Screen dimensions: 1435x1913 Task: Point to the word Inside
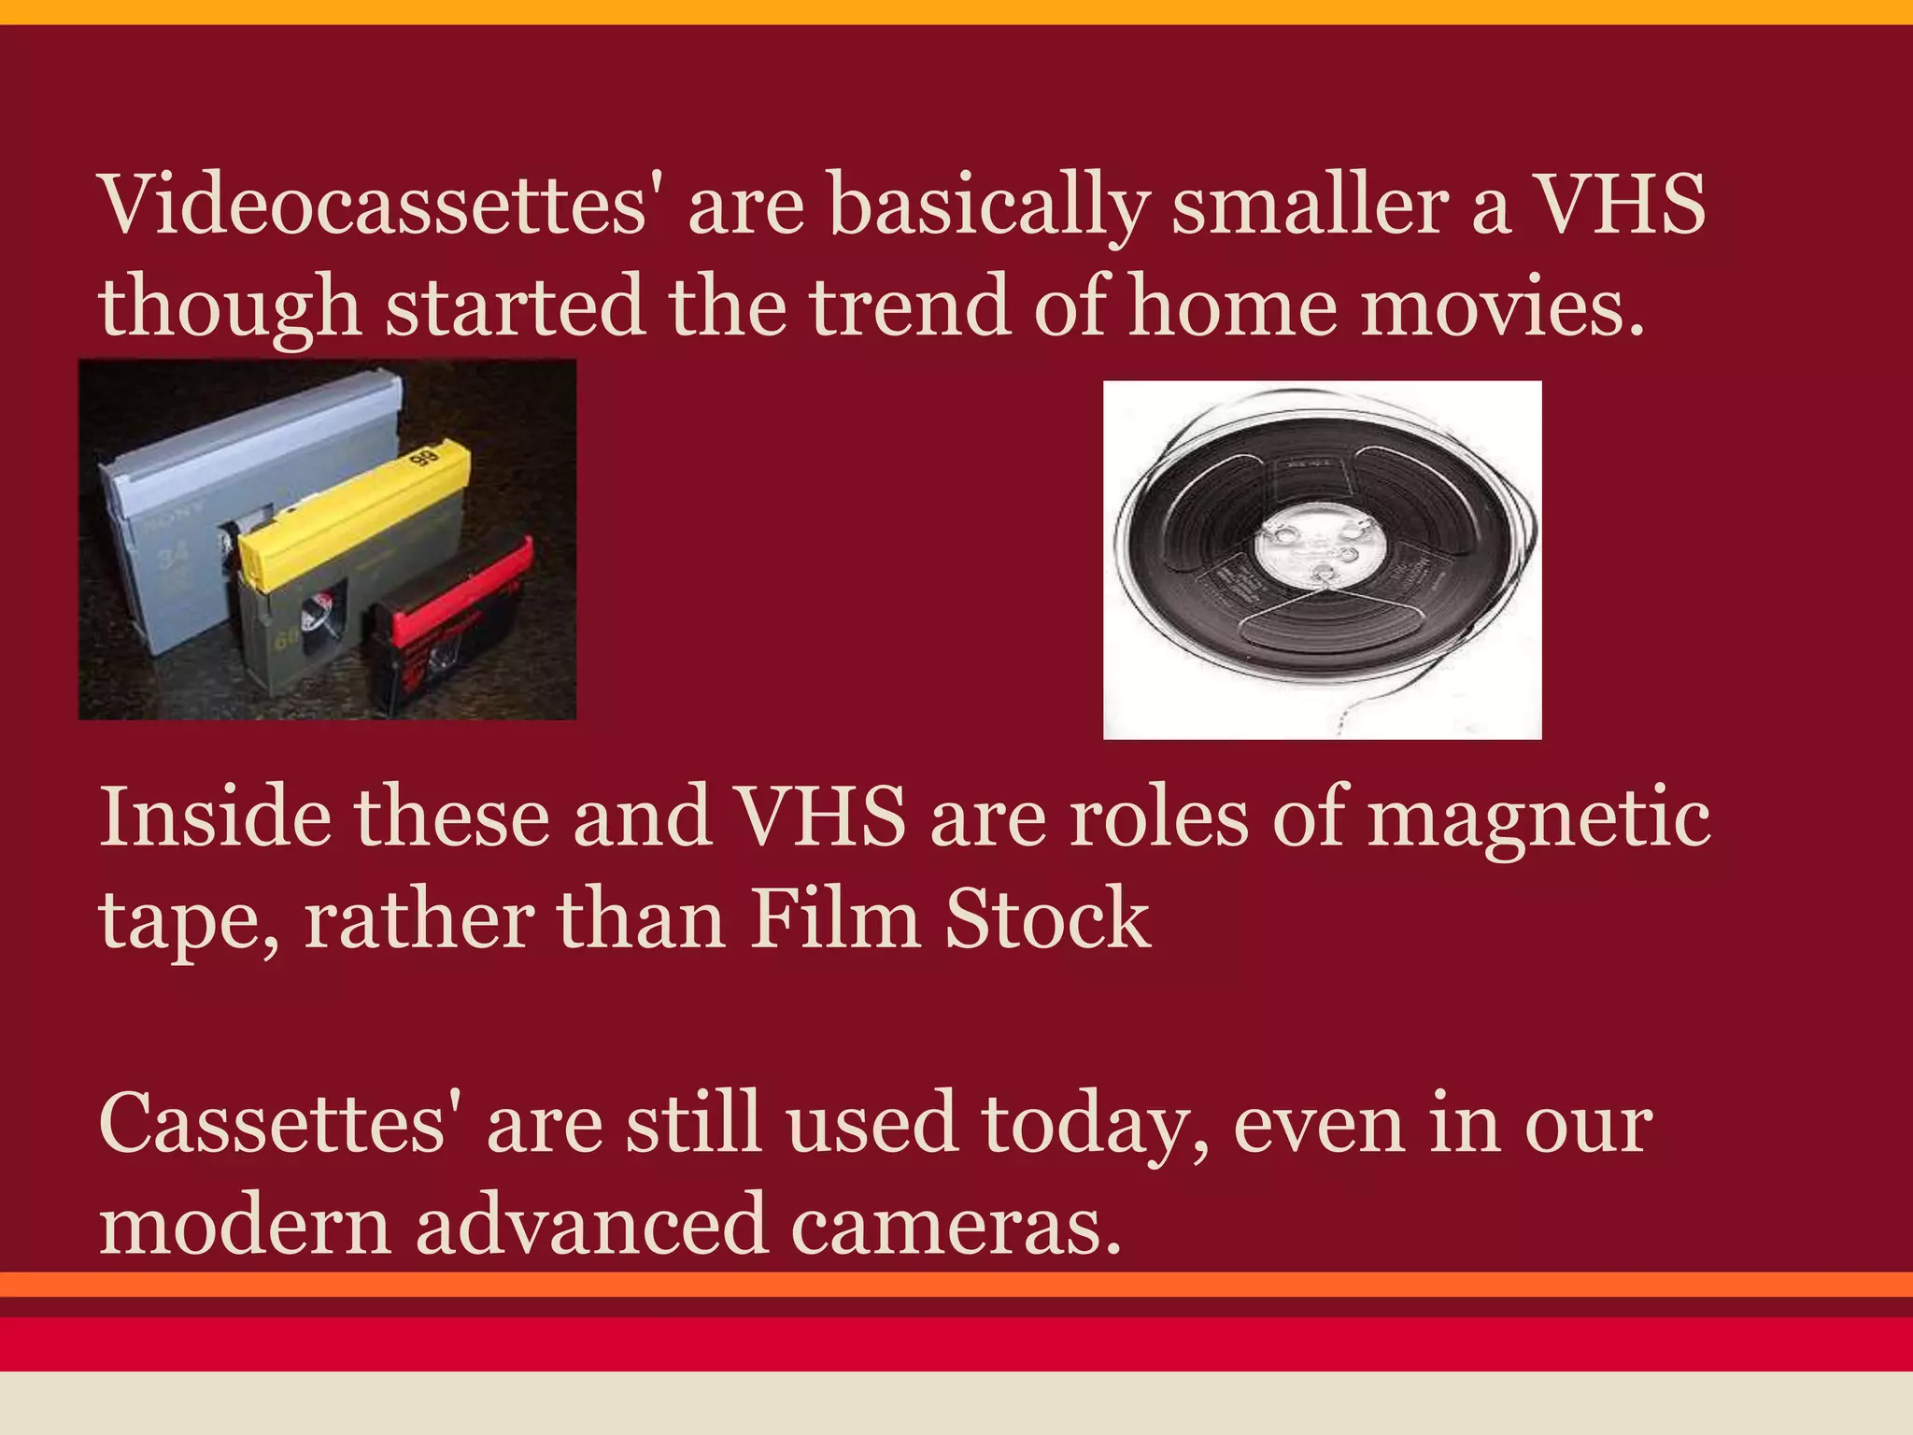click(x=215, y=817)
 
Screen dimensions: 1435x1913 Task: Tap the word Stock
click(x=1046, y=919)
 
